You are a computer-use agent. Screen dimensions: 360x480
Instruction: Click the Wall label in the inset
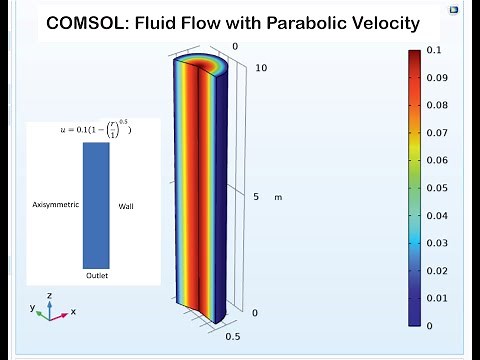pyautogui.click(x=126, y=206)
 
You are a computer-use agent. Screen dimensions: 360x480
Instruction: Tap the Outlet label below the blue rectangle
pyautogui.click(x=96, y=274)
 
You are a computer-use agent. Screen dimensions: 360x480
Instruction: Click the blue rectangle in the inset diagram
pyautogui.click(x=96, y=205)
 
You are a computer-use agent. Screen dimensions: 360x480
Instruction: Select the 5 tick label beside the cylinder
pyautogui.click(x=255, y=197)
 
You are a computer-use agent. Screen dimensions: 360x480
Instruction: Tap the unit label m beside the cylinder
pyautogui.click(x=278, y=197)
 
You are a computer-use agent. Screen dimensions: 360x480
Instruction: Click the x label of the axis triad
pyautogui.click(x=73, y=312)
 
